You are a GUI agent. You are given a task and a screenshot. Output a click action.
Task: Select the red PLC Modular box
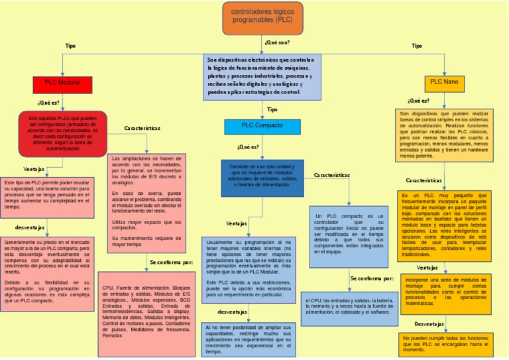pos(62,84)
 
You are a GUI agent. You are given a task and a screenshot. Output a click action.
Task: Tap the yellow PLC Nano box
pos(444,83)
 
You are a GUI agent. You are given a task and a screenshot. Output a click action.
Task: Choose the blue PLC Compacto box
pos(262,126)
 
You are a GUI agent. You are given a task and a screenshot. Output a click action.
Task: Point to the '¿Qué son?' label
pos(277,42)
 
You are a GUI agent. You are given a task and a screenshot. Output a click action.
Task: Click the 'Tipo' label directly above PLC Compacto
pos(272,109)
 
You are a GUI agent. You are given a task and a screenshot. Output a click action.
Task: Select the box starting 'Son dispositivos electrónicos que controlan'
pos(262,77)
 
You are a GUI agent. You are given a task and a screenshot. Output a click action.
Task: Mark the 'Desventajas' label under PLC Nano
pos(429,324)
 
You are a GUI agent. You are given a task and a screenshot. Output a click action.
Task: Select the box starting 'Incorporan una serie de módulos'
pos(445,292)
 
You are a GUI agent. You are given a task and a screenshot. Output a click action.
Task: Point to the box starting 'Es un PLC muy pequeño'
pos(445,225)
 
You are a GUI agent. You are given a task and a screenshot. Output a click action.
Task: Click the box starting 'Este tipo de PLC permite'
pos(47,194)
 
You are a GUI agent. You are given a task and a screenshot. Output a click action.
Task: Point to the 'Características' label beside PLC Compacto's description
pos(331,176)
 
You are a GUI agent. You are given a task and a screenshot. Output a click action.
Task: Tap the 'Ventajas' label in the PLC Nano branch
pos(427,268)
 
